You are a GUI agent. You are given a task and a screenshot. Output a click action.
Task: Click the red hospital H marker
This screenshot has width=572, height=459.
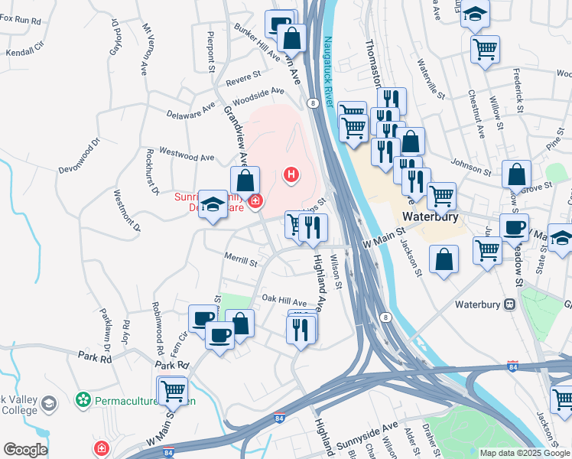coord(291,175)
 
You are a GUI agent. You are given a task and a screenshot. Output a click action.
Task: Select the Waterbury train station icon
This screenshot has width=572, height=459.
coord(509,304)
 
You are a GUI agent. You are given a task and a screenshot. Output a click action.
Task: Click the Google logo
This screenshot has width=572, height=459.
coord(25,449)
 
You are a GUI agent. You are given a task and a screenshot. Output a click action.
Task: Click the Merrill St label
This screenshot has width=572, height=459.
coord(240,262)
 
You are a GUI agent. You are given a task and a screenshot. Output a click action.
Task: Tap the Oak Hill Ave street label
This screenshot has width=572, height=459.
coord(284,300)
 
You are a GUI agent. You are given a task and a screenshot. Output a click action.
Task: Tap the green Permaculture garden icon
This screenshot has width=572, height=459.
coord(83,399)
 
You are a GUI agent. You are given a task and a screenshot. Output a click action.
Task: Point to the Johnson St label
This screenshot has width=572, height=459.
coord(470,165)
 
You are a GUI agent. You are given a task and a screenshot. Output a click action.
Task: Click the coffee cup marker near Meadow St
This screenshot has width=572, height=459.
coord(514,227)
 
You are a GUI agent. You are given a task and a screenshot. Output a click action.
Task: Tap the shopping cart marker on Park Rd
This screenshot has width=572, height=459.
coord(172,390)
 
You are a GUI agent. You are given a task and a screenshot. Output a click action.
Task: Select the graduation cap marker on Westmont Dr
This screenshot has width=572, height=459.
coord(213,204)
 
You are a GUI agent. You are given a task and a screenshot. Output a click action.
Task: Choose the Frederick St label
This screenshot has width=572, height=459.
coord(518,93)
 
